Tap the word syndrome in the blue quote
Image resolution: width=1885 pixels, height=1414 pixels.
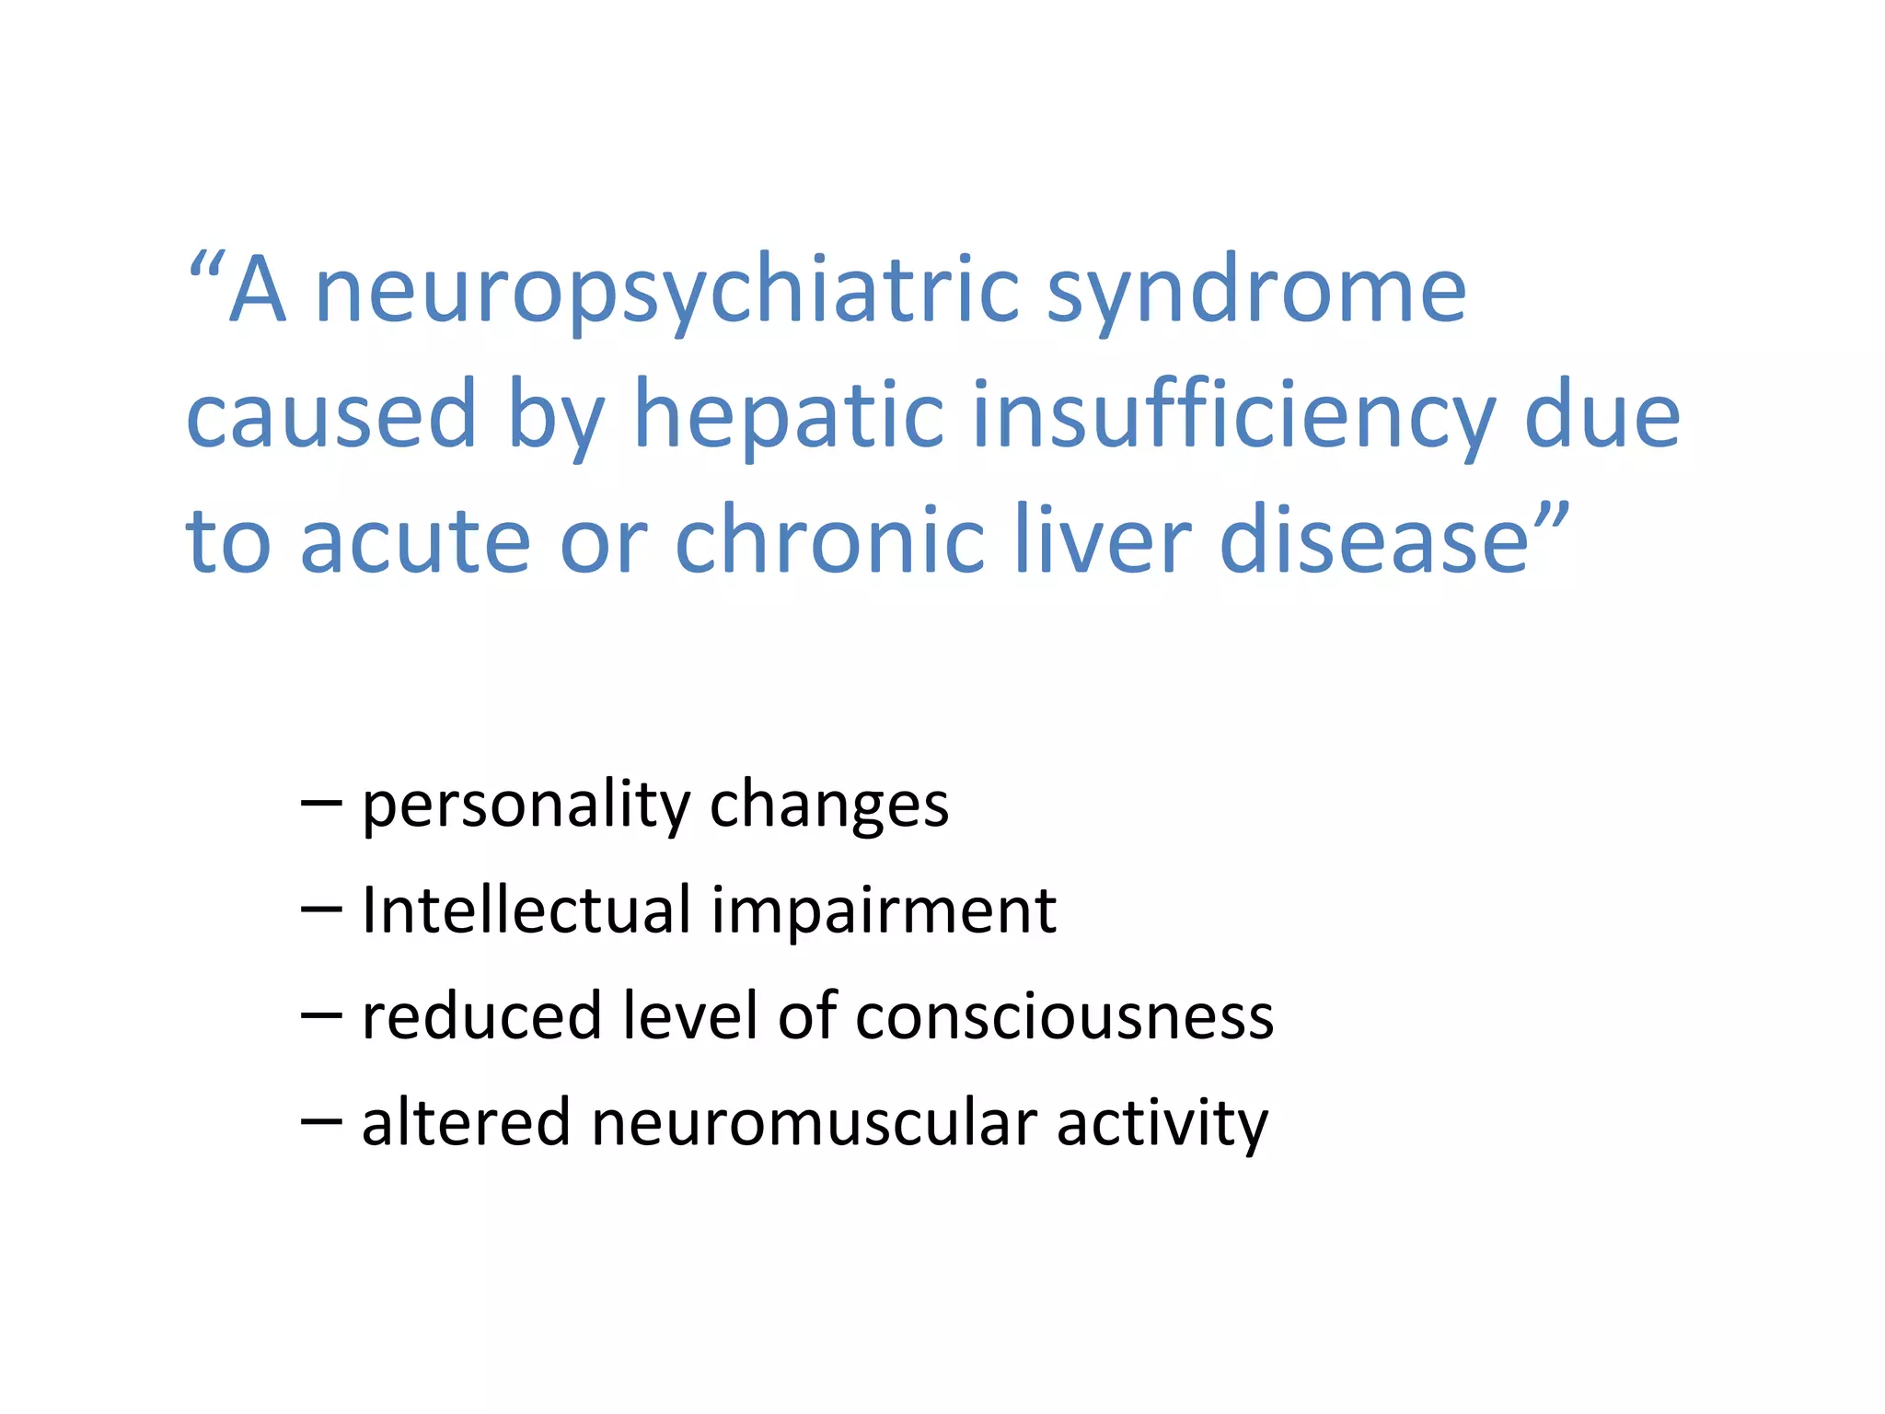pos(1256,293)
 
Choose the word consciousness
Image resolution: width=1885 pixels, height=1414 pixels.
pos(1064,1016)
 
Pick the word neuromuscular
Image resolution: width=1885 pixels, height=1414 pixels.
pos(814,1123)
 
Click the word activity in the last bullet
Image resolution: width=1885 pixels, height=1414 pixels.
pos(1162,1123)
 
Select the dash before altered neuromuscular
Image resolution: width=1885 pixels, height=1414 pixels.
pos(321,1122)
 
